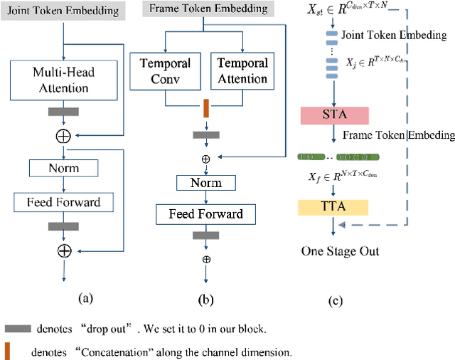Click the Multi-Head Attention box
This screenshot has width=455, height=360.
tap(64, 80)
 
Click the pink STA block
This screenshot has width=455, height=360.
tap(334, 116)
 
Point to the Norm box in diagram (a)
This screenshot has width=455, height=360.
tap(64, 169)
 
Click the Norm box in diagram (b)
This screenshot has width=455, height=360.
tap(205, 183)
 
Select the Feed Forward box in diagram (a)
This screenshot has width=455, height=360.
tap(64, 202)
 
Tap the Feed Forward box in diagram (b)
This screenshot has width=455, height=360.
tap(205, 213)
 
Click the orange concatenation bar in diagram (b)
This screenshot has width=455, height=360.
tap(205, 109)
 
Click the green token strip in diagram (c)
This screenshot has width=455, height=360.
tap(333, 155)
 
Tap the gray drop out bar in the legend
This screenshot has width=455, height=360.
tap(18, 329)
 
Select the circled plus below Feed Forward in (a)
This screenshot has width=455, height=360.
tap(64, 250)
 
